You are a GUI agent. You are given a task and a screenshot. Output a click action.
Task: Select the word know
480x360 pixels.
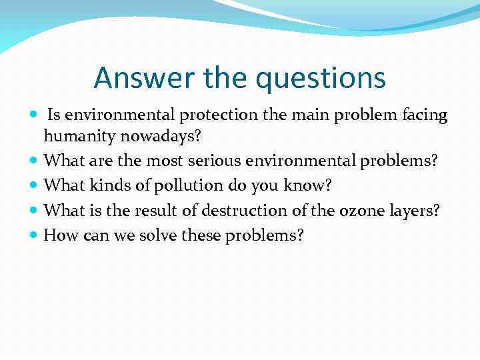(305, 185)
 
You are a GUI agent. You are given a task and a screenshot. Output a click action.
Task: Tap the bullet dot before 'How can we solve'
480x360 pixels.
(35, 235)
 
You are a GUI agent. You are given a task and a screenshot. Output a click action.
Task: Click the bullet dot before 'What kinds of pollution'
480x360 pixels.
(35, 185)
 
